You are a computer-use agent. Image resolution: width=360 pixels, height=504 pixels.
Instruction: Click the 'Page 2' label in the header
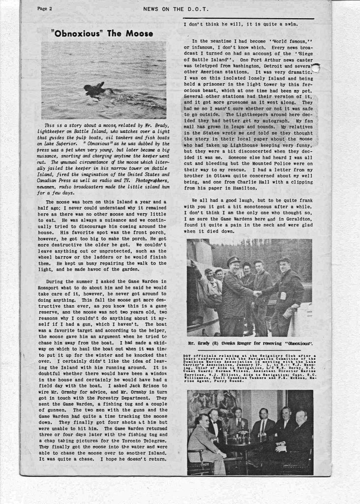coord(45,9)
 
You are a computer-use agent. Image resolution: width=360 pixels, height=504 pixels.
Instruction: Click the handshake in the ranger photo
coord(257,293)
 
